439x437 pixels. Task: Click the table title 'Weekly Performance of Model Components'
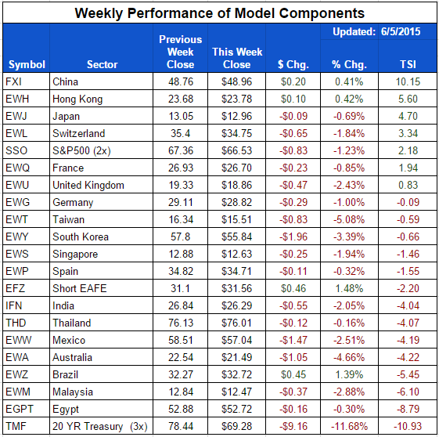[219, 13]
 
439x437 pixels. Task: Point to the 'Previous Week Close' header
[180, 52]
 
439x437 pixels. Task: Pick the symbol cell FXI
[14, 81]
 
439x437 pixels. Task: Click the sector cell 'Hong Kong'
[78, 99]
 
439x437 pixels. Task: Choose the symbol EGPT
[19, 409]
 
